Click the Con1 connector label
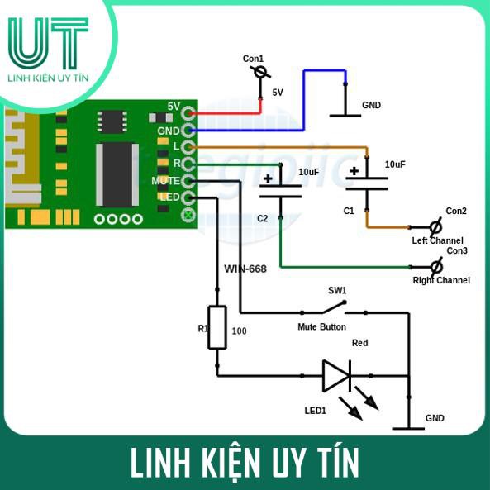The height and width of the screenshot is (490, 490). tap(253, 59)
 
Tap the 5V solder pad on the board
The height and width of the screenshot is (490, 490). tap(188, 113)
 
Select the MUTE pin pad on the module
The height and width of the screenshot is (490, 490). tap(188, 181)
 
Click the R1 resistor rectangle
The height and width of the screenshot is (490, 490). tap(217, 327)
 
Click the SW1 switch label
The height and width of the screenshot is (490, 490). tap(337, 291)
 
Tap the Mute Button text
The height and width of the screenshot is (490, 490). tap(322, 327)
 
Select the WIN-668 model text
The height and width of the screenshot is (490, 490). tap(245, 269)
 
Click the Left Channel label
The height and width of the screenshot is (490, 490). tap(437, 240)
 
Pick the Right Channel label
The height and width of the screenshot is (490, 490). tap(441, 280)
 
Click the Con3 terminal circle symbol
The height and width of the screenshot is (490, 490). tap(436, 267)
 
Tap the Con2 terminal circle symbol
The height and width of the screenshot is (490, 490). tap(435, 227)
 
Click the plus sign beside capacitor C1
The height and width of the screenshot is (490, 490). tap(354, 171)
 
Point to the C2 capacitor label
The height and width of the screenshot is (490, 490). tap(262, 218)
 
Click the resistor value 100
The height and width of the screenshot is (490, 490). tap(239, 331)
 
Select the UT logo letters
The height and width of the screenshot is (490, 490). tap(49, 43)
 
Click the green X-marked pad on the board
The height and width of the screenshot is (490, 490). tap(188, 215)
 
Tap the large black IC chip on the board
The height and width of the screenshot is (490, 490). tap(117, 174)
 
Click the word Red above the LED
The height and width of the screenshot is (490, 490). tap(360, 343)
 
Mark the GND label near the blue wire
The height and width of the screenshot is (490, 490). tap(371, 105)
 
